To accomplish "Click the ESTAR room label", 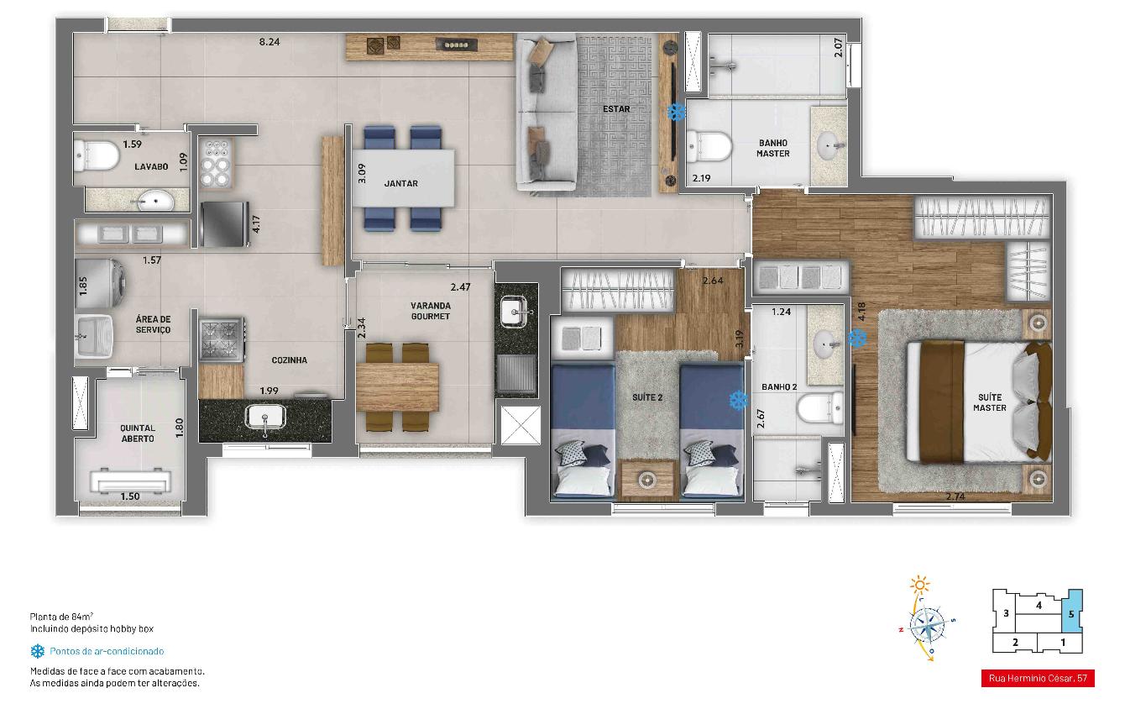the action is pyautogui.click(x=616, y=109).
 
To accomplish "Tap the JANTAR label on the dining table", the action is pyautogui.click(x=400, y=183).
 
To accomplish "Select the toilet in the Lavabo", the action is pyautogui.click(x=97, y=155).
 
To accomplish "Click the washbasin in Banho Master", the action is pyautogui.click(x=829, y=146).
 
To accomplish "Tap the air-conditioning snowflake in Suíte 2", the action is pyautogui.click(x=738, y=400).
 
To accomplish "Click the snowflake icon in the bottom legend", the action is pyautogui.click(x=37, y=651).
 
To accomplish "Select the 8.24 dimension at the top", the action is pyautogui.click(x=269, y=42).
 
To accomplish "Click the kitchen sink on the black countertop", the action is pyautogui.click(x=265, y=417).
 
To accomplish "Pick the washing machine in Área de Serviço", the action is pyautogui.click(x=100, y=283).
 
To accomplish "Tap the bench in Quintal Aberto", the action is pyautogui.click(x=130, y=481).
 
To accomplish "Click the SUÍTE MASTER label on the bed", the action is pyautogui.click(x=989, y=402).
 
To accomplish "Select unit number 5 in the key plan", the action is pyautogui.click(x=1071, y=614).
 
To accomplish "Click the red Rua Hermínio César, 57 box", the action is pyautogui.click(x=1038, y=679).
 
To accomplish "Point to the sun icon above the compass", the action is pyautogui.click(x=919, y=585).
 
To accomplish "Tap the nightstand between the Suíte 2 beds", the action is pyautogui.click(x=646, y=480).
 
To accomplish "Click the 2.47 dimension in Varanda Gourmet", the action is pyautogui.click(x=460, y=287).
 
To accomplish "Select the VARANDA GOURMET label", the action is pyautogui.click(x=431, y=311).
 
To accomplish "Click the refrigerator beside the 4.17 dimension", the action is pyautogui.click(x=224, y=223).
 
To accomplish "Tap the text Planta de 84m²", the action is pyautogui.click(x=62, y=617).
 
